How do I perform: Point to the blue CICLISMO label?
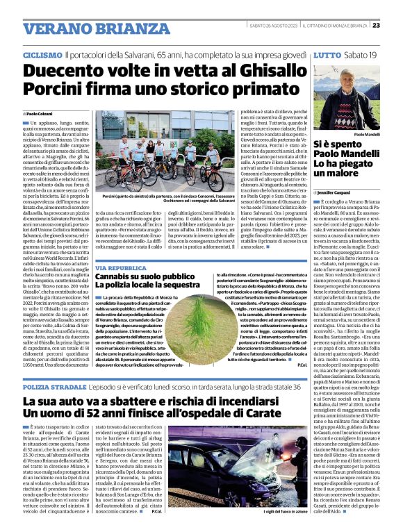tap(42, 53)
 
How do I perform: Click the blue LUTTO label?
tap(327, 53)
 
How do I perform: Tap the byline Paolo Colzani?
tap(39, 113)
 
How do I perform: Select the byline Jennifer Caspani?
tap(338, 192)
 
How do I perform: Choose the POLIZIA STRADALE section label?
tap(54, 385)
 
